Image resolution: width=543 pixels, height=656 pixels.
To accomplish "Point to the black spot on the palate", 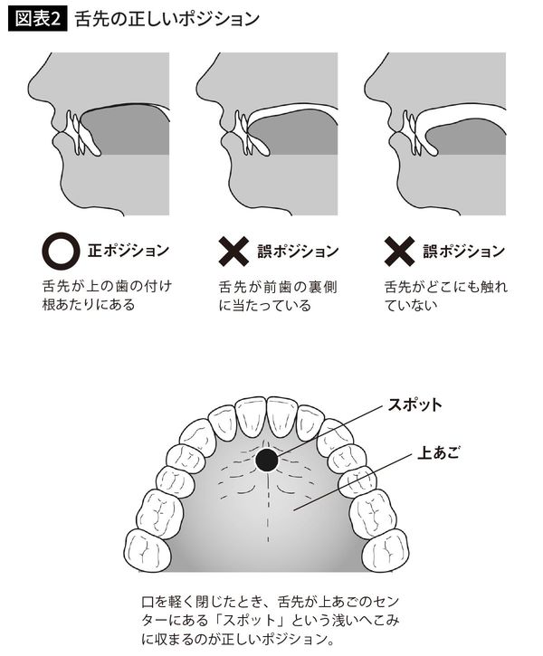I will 265,461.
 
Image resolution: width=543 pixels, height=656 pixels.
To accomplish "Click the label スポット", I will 418,403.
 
